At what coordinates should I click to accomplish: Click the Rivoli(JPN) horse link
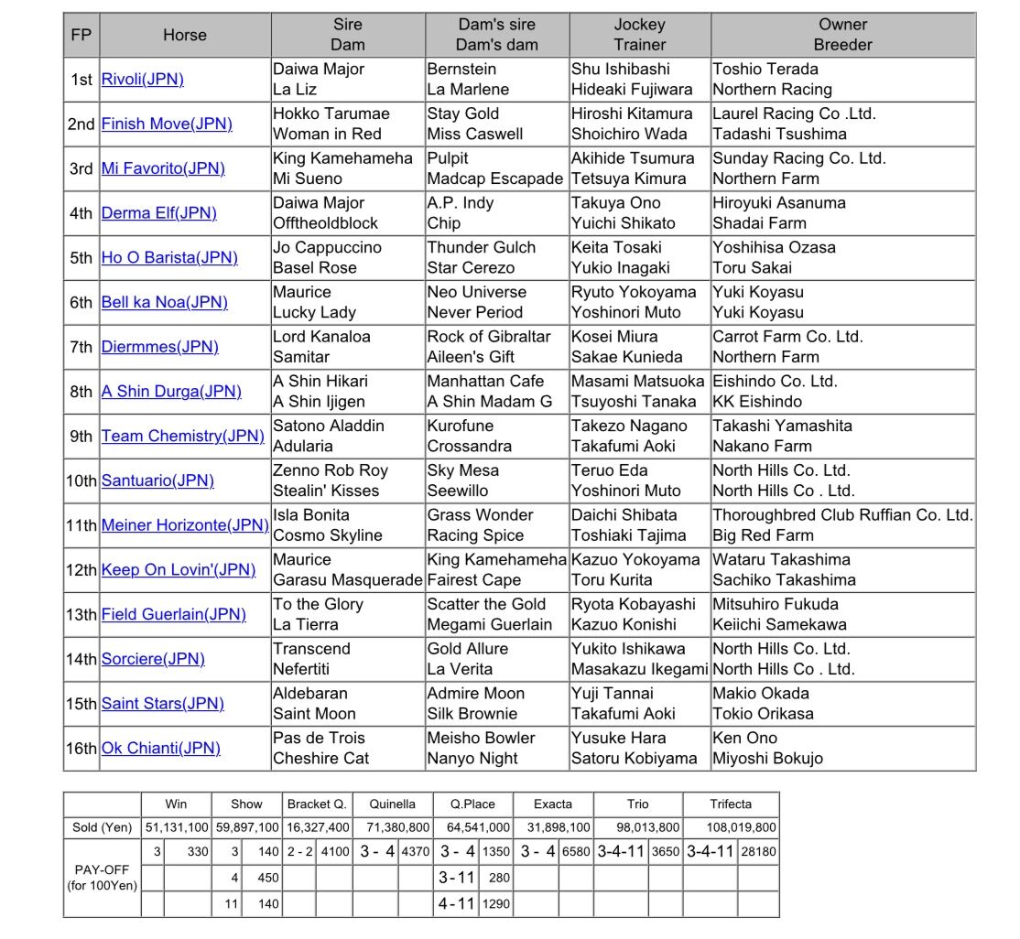(142, 80)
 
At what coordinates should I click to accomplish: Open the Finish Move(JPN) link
(167, 124)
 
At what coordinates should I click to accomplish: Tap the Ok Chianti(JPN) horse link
(160, 748)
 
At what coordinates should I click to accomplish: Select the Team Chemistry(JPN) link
(182, 437)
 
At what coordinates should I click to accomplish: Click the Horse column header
(185, 35)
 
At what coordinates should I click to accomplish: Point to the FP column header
(81, 35)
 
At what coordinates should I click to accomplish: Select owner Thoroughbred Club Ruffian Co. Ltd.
(841, 515)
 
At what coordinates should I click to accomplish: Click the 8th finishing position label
(81, 392)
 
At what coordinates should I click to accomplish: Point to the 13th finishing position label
(81, 614)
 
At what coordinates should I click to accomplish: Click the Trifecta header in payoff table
(730, 804)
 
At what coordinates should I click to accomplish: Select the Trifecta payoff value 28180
(757, 851)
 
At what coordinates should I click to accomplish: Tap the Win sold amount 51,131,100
(176, 827)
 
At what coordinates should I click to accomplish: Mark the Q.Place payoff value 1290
(495, 904)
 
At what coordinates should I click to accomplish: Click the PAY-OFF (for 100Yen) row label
(103, 878)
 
